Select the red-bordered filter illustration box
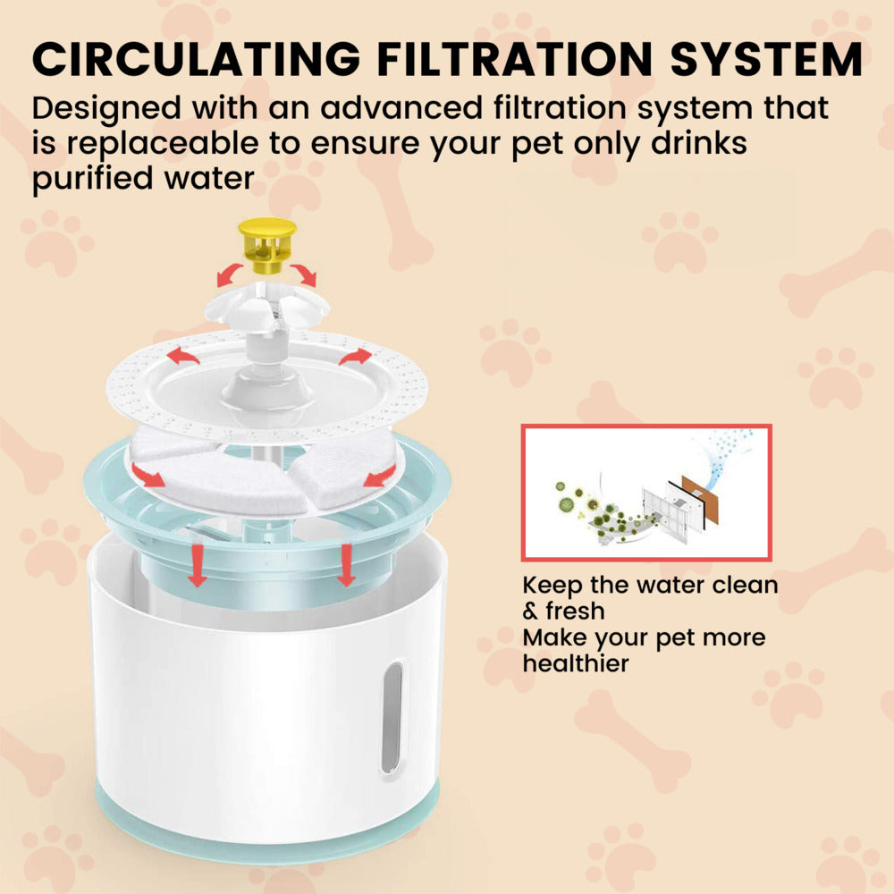coord(645,493)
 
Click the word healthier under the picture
coord(576,663)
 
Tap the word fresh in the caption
coord(572,611)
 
